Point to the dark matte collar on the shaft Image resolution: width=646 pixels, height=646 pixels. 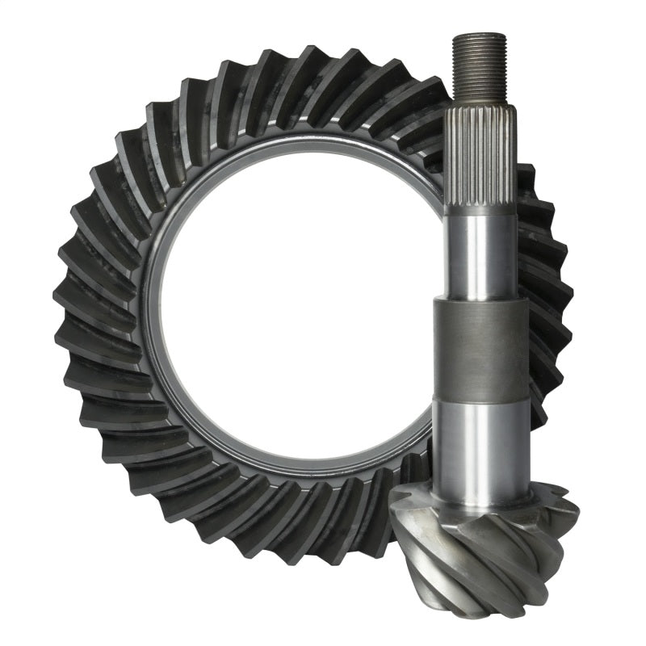click(x=480, y=349)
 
